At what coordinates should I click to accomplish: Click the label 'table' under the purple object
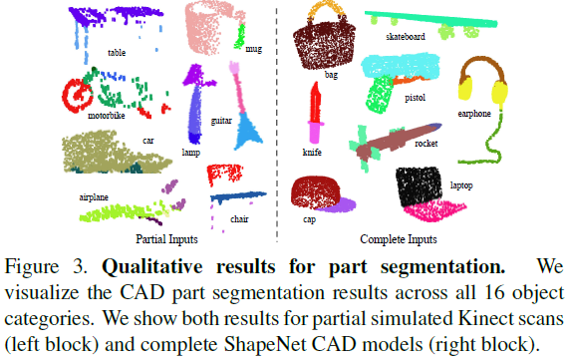pos(117,53)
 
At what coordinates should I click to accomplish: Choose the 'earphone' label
pos(474,114)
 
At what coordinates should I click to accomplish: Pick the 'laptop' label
pos(461,186)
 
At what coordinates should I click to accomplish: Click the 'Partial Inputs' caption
pos(166,238)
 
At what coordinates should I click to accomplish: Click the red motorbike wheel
pos(76,96)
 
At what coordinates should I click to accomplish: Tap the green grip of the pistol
pos(382,96)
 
